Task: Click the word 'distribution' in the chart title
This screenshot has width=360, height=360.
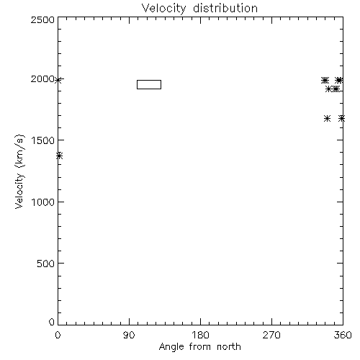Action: [225, 8]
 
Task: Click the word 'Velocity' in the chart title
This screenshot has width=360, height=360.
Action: [164, 9]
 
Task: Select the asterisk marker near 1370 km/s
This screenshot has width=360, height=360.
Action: [59, 156]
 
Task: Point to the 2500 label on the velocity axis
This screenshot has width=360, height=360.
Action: [42, 19]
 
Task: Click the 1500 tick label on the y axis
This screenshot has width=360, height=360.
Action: [43, 140]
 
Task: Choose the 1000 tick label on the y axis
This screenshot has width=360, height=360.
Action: [43, 202]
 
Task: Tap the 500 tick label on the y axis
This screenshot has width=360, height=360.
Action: [46, 264]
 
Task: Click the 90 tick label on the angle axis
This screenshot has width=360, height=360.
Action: [129, 335]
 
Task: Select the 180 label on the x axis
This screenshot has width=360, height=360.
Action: [200, 335]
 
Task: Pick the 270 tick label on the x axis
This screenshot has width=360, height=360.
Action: [271, 335]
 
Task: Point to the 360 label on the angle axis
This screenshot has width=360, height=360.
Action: [343, 335]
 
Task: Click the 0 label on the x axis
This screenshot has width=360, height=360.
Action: [58, 335]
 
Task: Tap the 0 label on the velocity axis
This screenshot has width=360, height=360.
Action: [52, 322]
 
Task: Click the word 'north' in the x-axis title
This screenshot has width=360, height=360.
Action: [229, 347]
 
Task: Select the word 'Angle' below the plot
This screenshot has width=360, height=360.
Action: [171, 347]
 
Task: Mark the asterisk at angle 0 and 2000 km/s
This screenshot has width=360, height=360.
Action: [58, 80]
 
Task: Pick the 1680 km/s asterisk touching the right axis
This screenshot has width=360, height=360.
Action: [342, 118]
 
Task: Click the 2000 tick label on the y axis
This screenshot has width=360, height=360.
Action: [42, 78]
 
